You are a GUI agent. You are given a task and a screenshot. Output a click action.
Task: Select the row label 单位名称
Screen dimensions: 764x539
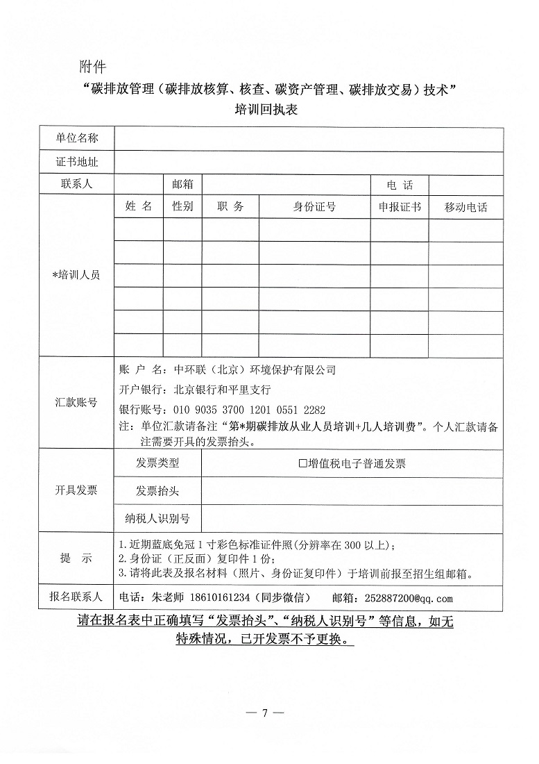pos(77,138)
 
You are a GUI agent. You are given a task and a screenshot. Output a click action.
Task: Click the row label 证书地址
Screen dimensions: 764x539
pos(77,163)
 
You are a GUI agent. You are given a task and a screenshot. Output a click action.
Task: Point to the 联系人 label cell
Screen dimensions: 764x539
pos(77,185)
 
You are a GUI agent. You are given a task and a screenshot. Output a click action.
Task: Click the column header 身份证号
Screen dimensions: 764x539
pos(314,207)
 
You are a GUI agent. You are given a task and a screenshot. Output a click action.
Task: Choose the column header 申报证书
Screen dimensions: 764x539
pos(399,207)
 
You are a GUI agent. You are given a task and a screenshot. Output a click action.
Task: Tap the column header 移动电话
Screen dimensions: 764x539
pos(465,207)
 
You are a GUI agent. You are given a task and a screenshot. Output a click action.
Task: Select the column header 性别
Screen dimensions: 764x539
pos(182,207)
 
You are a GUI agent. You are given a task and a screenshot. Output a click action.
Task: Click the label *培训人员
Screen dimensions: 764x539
pos(77,275)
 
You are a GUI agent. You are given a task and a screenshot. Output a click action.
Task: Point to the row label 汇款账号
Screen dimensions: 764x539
pos(77,402)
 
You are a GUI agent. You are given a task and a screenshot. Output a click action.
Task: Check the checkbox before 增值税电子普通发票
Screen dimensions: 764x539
pos(302,463)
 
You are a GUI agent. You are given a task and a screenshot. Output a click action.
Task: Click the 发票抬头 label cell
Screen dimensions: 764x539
pos(157,491)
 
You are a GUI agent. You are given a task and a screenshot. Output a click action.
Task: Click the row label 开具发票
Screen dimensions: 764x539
pos(77,490)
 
